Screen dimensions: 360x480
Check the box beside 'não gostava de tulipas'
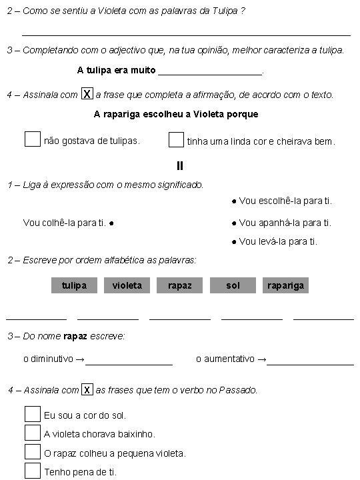point(32,139)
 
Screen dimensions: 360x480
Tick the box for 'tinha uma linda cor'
point(176,139)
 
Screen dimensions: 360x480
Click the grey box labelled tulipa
point(74,285)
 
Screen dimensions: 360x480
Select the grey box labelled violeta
point(127,285)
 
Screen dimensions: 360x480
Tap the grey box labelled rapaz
point(180,285)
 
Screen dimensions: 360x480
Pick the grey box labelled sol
point(233,285)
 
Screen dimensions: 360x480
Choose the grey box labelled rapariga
point(285,285)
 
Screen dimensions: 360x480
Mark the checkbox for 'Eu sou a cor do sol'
point(33,414)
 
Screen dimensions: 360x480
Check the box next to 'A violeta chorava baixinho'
point(33,433)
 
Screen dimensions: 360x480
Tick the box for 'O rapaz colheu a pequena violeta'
point(33,451)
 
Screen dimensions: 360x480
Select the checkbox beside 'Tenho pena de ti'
point(33,471)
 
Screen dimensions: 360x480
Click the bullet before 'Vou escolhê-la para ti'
point(234,201)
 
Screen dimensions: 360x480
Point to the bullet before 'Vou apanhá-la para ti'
point(234,223)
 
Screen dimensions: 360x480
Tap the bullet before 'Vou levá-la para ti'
point(234,242)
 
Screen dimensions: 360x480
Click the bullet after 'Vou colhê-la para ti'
point(111,223)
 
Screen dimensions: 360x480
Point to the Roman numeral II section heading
point(180,166)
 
